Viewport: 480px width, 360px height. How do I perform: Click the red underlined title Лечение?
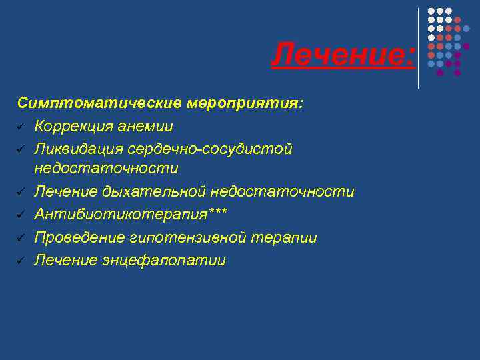[343, 55]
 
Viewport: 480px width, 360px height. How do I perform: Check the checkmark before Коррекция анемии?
[21, 127]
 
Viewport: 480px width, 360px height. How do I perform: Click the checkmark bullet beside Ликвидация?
[21, 149]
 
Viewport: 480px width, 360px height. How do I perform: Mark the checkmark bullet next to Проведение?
[21, 238]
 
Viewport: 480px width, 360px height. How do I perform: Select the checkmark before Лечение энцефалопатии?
[21, 261]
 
